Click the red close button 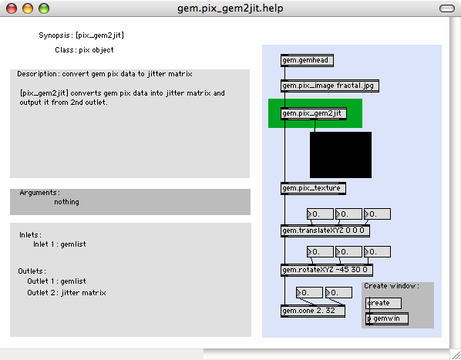pos(12,8)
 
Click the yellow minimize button pos(28,8)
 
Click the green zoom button pos(44,8)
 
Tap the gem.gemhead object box pos(307,60)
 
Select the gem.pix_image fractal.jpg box pos(330,86)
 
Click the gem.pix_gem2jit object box pos(314,113)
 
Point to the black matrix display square pos(341,155)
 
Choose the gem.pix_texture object pos(313,188)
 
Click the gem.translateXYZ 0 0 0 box pos(325,230)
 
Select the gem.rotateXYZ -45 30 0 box pos(327,270)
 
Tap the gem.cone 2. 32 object pos(313,311)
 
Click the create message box pos(383,303)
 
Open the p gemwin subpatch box pos(387,318)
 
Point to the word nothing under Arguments pos(66,202)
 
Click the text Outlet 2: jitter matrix pos(66,293)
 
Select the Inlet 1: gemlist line pos(59,244)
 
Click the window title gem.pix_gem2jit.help pos(230,8)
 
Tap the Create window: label pos(392,286)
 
